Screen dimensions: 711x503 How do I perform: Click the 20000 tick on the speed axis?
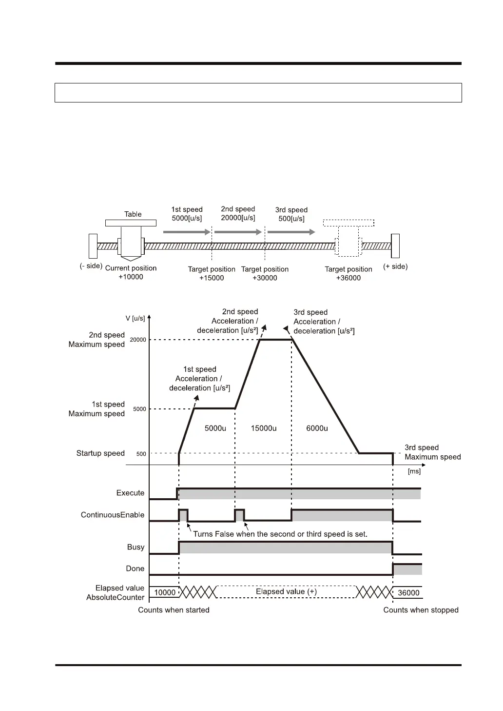click(x=139, y=340)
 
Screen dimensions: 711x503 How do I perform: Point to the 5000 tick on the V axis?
click(x=139, y=409)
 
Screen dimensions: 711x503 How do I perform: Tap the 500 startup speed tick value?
click(x=141, y=454)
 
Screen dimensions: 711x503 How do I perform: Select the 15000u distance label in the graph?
click(x=264, y=428)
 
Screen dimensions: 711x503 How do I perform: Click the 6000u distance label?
click(x=317, y=428)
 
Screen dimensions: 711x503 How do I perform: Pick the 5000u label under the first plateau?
click(x=215, y=428)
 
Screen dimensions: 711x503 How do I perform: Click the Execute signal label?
click(x=130, y=493)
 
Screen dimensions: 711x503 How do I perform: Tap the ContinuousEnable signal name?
click(x=113, y=515)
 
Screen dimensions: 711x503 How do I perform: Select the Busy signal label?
click(x=135, y=547)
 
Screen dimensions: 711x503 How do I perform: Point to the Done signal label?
click(x=135, y=569)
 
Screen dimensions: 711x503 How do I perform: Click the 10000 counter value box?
click(x=165, y=592)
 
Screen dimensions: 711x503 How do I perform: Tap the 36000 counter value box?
click(x=408, y=593)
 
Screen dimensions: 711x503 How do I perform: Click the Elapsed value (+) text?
click(x=286, y=591)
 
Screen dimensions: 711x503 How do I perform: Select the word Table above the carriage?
click(x=133, y=214)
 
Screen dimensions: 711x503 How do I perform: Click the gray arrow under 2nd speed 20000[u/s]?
click(x=238, y=232)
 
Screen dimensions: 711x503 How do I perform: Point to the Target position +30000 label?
click(x=265, y=273)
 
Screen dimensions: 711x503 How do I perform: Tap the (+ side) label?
click(x=395, y=266)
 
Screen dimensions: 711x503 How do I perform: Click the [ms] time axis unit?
click(x=414, y=471)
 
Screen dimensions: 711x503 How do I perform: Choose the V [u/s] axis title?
click(x=135, y=318)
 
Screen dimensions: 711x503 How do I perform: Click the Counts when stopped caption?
click(x=421, y=610)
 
